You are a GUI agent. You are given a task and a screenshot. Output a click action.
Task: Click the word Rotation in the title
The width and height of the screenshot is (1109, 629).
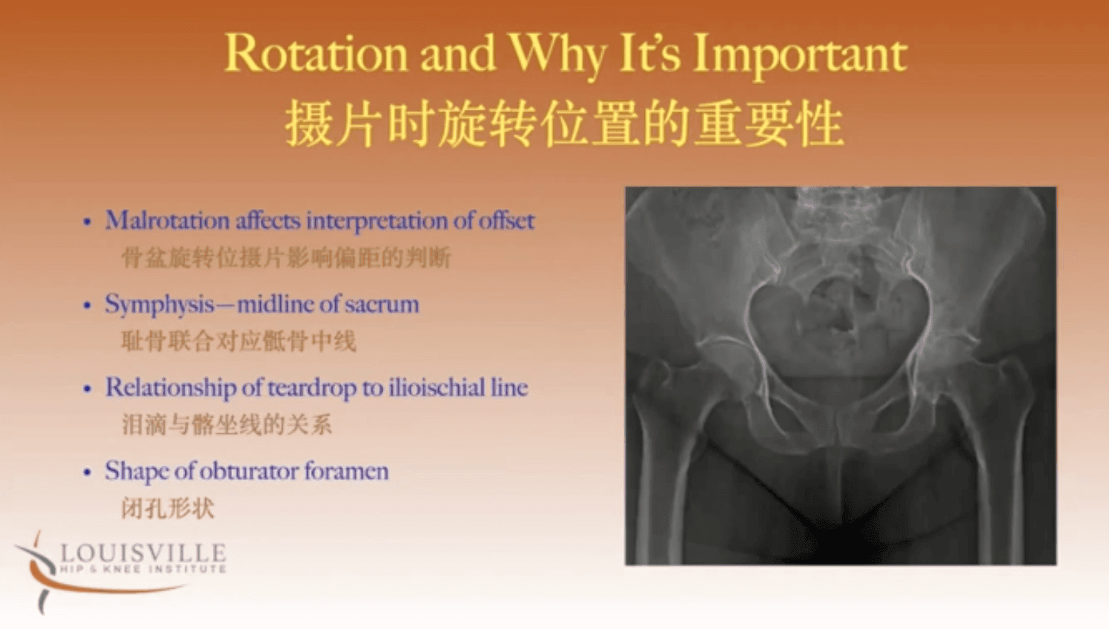[316, 53]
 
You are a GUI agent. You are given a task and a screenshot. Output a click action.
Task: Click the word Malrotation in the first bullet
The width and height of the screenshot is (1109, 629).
[168, 220]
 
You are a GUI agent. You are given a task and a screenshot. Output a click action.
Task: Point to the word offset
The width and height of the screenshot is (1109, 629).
[506, 220]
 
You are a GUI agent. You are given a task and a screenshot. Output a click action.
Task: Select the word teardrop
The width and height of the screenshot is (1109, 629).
[312, 388]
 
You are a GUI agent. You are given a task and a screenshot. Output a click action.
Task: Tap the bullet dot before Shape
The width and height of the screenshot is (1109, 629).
[87, 472]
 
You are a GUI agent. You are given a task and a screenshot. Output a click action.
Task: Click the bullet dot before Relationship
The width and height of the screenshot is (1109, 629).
[87, 389]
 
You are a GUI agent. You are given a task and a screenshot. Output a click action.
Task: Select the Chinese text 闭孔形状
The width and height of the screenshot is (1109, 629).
[168, 508]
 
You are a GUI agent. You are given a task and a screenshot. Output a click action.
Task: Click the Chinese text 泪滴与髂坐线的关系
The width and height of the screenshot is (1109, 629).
[227, 424]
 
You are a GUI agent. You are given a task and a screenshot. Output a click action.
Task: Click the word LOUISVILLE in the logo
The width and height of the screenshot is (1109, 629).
[143, 553]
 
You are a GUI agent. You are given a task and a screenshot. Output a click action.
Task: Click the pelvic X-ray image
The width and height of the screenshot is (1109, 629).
[841, 376]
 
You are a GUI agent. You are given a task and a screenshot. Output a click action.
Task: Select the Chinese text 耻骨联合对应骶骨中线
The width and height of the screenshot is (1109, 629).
[239, 341]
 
